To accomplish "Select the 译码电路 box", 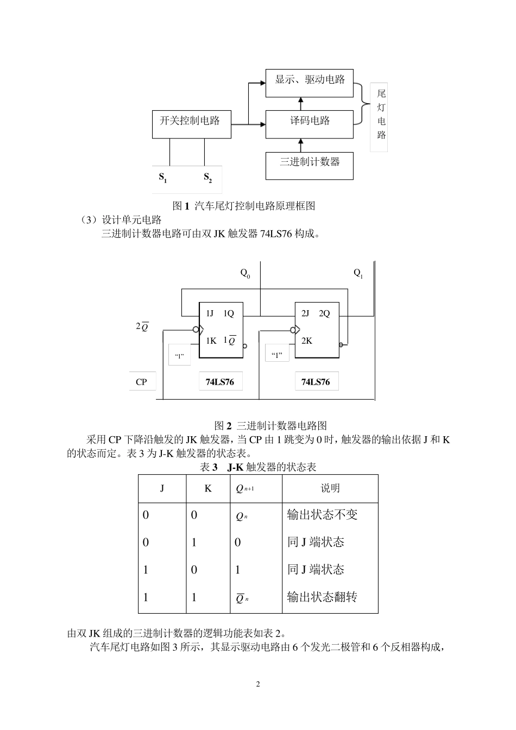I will coord(310,121).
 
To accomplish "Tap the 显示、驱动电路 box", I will coord(310,80).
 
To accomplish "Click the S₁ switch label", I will coord(162,177).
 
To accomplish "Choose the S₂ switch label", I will coord(207,177).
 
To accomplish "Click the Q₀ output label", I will coord(246,273).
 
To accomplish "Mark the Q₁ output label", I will coord(358,273).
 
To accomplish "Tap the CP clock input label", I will coord(141,382).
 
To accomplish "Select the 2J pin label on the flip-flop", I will coord(305,313).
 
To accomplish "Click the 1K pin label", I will coord(211,341).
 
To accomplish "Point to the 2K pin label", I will coord(307,341).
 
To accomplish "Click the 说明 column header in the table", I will coord(330,488).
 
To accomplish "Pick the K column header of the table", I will coord(207,488).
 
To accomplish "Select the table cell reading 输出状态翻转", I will coord(322,597).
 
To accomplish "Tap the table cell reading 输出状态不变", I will coord(322,514).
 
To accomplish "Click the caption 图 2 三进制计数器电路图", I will coord(270,425).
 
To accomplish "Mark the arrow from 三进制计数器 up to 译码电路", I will coord(300,145).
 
